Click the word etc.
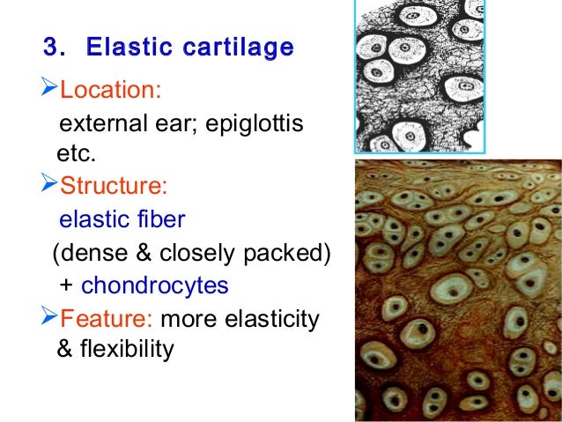click(75, 156)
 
